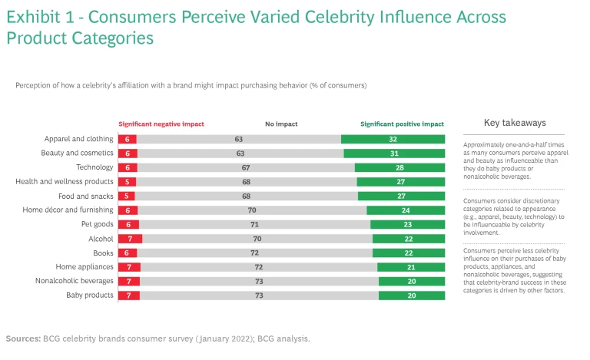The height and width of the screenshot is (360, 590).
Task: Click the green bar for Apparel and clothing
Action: (x=393, y=139)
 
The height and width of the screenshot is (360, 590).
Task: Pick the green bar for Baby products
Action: (x=412, y=296)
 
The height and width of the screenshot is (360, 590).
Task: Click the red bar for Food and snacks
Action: (x=127, y=196)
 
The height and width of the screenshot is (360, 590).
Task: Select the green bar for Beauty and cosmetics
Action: (x=394, y=154)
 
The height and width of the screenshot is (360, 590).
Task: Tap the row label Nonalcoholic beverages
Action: (x=75, y=281)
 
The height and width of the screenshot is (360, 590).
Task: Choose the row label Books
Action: (x=104, y=253)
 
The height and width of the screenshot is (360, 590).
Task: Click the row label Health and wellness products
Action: (x=65, y=182)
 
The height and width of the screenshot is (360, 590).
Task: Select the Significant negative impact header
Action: (x=161, y=124)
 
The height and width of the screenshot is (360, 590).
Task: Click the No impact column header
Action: (x=281, y=124)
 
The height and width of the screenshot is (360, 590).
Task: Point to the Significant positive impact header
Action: (x=402, y=124)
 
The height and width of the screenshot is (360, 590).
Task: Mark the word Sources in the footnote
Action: (x=24, y=338)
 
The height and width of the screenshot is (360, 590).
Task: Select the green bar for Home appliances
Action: (x=411, y=267)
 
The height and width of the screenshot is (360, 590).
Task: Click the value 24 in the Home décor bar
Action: (x=406, y=210)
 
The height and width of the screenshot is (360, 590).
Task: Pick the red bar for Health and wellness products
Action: (x=127, y=182)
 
